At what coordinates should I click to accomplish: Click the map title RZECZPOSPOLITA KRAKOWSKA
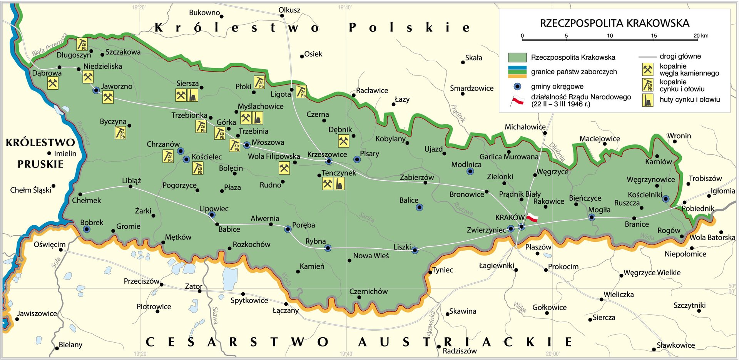(x=614, y=23)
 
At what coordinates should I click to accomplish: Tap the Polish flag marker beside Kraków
(x=532, y=218)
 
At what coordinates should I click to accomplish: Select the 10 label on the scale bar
(x=610, y=36)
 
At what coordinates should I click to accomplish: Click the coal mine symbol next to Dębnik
(x=344, y=141)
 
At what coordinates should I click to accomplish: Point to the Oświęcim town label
(x=49, y=244)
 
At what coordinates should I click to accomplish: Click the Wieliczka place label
(x=619, y=295)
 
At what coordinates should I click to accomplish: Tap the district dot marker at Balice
(x=420, y=207)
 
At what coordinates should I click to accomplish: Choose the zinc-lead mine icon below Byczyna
(x=120, y=133)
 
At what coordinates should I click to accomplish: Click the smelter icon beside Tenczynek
(x=339, y=184)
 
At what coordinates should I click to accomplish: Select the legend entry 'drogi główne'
(x=680, y=56)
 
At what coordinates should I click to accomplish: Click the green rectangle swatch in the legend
(x=517, y=57)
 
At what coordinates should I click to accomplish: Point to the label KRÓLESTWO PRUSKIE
(x=40, y=153)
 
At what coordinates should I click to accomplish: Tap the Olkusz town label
(x=289, y=10)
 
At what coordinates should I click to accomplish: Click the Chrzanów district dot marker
(x=180, y=151)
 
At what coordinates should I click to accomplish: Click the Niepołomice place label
(x=685, y=254)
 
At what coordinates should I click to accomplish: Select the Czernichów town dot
(x=359, y=297)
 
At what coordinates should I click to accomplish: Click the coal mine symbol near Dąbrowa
(x=53, y=83)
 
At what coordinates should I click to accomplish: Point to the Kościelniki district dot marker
(x=665, y=199)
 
